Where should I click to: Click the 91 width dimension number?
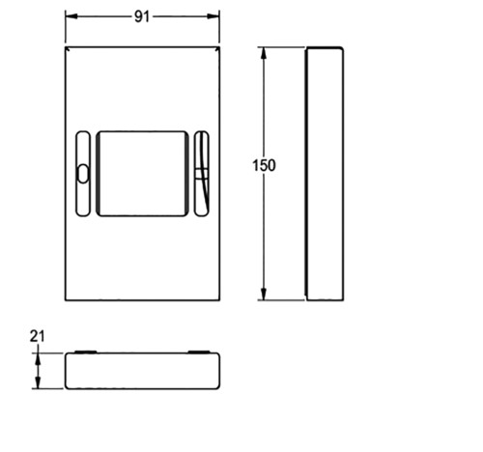coord(142,16)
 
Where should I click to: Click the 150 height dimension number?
coord(264,165)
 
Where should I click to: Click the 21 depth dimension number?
coord(37,336)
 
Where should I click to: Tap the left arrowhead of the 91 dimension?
coord(71,16)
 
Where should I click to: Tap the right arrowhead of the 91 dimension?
coord(213,16)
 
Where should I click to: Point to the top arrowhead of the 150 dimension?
coord(264,53)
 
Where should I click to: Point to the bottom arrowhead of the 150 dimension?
coord(264,295)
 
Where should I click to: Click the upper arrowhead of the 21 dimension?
coord(38,359)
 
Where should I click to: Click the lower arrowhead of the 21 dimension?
coord(38,382)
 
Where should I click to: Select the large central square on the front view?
coord(142,174)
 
